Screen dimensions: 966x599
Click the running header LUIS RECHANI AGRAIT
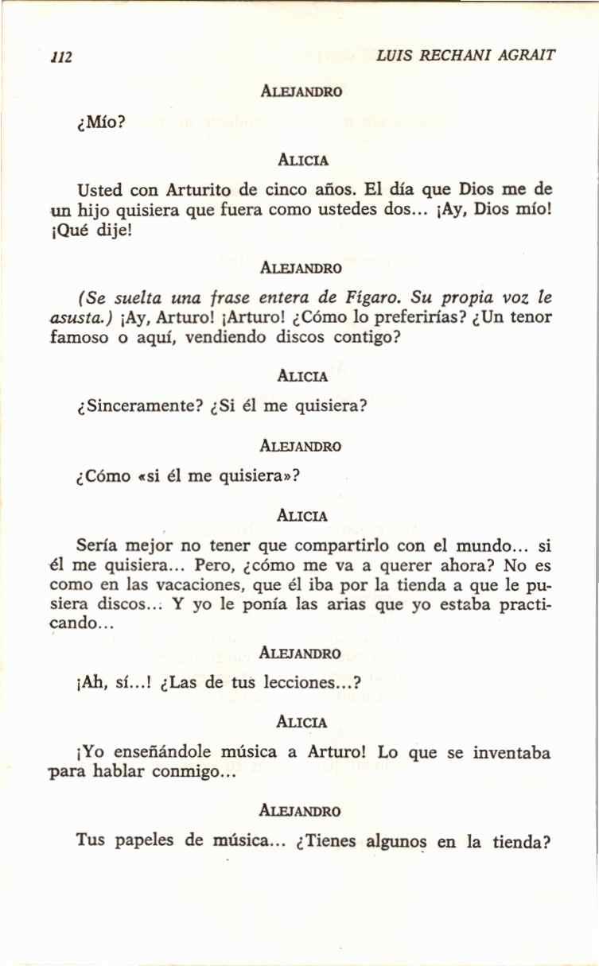point(466,56)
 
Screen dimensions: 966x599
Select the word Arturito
point(199,192)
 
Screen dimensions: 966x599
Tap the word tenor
point(530,316)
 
